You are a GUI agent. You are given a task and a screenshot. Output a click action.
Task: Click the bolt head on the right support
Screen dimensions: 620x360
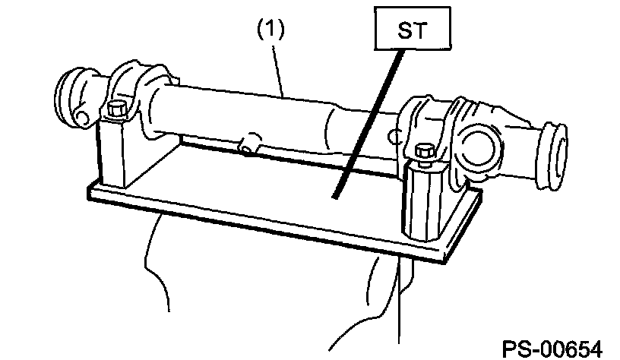tap(424, 153)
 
